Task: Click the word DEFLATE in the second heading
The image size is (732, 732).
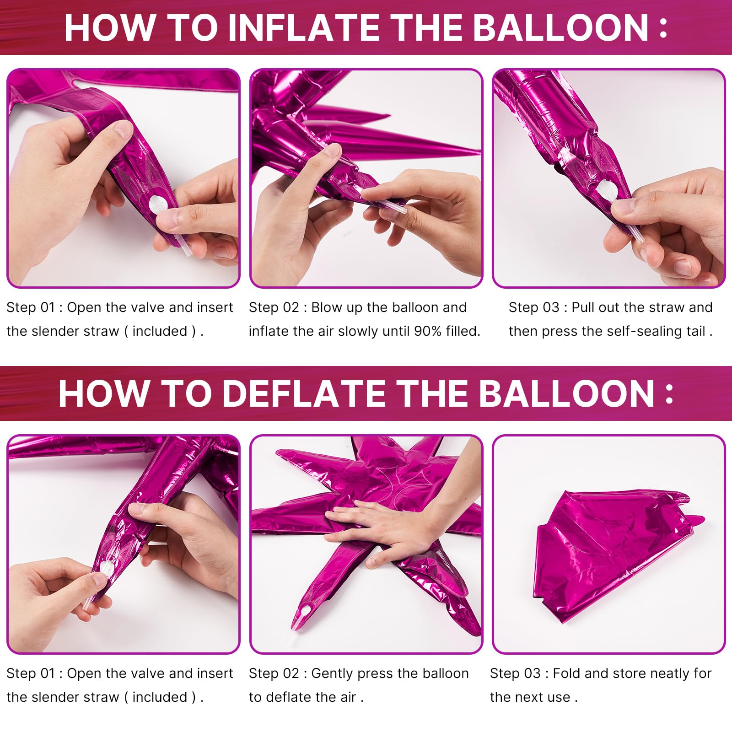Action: (x=304, y=393)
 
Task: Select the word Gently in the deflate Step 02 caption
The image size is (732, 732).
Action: (x=332, y=673)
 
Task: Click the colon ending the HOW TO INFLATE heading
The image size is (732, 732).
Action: (x=663, y=28)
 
